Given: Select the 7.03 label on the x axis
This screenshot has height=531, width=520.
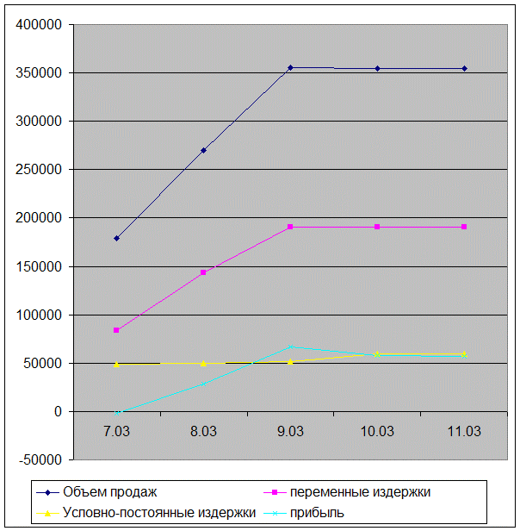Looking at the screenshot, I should pyautogui.click(x=116, y=431).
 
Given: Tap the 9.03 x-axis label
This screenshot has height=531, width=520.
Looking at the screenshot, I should pyautogui.click(x=290, y=431).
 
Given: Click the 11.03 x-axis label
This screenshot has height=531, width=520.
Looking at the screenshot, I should pyautogui.click(x=464, y=431).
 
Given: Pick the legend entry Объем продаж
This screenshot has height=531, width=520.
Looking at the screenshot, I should pyautogui.click(x=109, y=492).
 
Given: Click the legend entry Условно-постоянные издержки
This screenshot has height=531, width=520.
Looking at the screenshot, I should pyautogui.click(x=159, y=512).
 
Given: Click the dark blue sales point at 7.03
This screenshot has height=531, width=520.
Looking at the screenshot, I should pyautogui.click(x=116, y=238).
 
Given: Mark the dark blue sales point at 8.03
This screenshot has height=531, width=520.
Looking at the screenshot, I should pyautogui.click(x=203, y=150).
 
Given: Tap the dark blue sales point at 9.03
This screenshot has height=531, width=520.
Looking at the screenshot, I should pyautogui.click(x=290, y=67).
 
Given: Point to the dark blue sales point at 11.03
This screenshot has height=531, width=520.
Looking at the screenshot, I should pyautogui.click(x=464, y=68).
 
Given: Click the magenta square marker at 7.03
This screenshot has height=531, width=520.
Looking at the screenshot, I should pyautogui.click(x=116, y=330).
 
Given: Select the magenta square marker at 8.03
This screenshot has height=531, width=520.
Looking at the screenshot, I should pyautogui.click(x=203, y=272).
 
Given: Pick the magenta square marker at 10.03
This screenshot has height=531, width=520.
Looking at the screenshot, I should pyautogui.click(x=377, y=227).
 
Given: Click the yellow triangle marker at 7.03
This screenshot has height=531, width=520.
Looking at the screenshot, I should pyautogui.click(x=116, y=364).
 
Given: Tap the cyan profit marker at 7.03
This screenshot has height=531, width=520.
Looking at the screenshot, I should pyautogui.click(x=116, y=413).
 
